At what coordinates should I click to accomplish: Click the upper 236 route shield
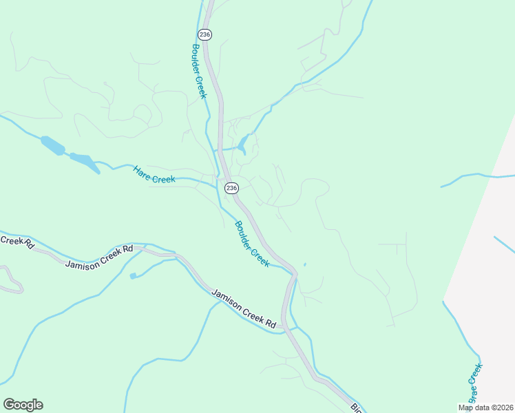coord(204,34)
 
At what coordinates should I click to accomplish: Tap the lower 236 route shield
coord(231,187)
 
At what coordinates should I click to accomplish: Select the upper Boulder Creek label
coord(199,72)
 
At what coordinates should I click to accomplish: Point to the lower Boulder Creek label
coord(251,244)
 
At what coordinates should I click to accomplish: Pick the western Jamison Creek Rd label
coord(98,256)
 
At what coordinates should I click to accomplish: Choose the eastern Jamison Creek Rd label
coord(244,308)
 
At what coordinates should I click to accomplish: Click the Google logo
coord(23,405)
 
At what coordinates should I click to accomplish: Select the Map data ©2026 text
coord(485,407)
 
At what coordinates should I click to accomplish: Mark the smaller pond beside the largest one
coord(85,160)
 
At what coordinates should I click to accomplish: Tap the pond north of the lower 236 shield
coord(242,144)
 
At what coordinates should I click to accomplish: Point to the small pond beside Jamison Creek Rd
coord(133,276)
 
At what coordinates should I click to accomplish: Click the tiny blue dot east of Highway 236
coord(304,264)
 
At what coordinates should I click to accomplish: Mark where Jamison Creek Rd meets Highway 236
coord(284,328)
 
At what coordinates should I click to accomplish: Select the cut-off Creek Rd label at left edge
coord(15,241)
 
